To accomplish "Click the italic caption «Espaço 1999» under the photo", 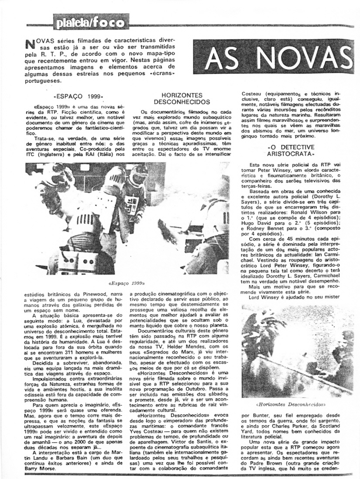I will coord(126,283).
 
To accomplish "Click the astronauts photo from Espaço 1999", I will coord(127,218).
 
